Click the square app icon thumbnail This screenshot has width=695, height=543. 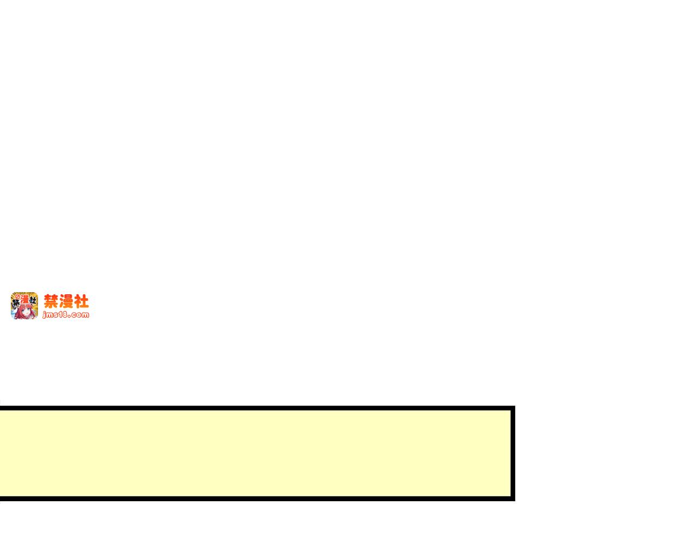24,305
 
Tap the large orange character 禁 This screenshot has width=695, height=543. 51,301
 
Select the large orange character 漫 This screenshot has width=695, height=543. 66,301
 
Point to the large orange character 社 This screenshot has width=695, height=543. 81,301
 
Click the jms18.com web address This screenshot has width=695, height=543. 66,315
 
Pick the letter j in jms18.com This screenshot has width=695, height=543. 45,315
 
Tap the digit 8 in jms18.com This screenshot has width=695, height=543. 67,314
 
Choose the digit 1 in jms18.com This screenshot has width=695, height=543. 61,314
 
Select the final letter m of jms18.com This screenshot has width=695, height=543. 85,315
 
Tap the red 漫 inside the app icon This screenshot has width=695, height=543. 24,299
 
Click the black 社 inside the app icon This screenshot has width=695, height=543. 32,300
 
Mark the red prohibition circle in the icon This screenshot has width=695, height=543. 17,296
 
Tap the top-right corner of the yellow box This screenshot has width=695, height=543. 514,407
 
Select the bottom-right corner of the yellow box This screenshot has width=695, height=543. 514,500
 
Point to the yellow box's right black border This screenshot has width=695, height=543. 513,453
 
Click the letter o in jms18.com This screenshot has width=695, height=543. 79,315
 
